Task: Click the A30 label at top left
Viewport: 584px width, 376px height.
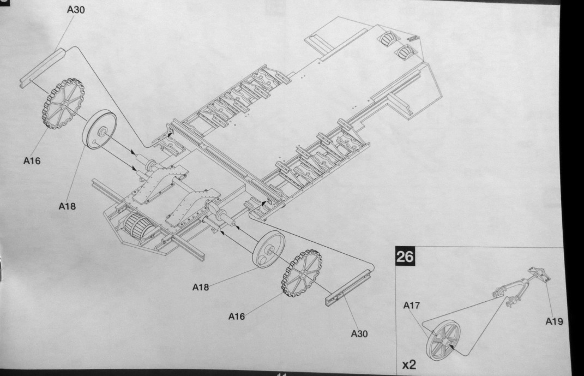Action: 75,10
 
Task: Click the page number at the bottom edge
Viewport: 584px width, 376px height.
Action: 282,374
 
